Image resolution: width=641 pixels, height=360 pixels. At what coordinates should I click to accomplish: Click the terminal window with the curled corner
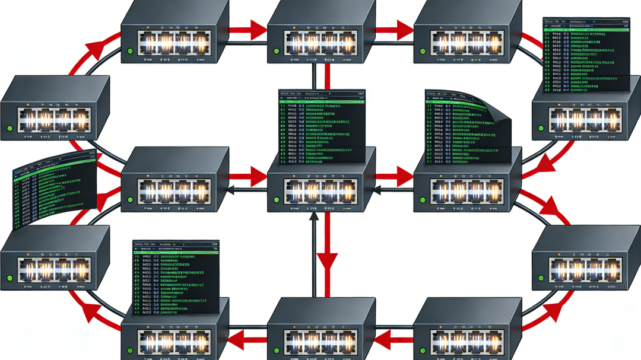click(x=466, y=125)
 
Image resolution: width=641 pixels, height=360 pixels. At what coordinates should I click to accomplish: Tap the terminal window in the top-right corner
click(x=586, y=53)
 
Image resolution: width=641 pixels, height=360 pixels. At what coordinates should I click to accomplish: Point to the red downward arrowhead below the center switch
click(x=326, y=262)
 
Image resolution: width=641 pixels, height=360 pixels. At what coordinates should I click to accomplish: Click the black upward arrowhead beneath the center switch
click(x=315, y=216)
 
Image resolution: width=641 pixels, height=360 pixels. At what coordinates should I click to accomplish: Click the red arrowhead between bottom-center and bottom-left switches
click(x=237, y=340)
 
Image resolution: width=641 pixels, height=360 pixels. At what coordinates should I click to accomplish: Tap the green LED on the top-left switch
click(x=130, y=51)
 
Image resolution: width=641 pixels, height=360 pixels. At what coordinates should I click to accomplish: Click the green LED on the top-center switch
click(x=276, y=51)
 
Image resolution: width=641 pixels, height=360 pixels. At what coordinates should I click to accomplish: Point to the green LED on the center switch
click(x=276, y=200)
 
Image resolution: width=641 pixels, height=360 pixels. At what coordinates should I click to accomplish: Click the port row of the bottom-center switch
click(x=321, y=340)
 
